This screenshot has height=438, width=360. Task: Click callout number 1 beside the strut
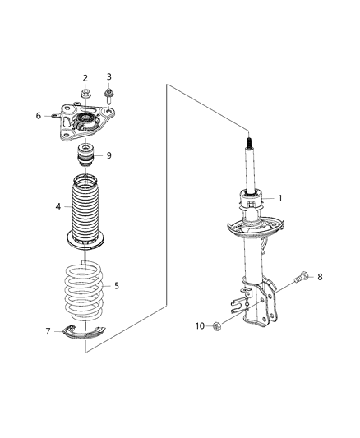point(280,197)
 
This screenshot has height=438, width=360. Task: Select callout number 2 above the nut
point(85,78)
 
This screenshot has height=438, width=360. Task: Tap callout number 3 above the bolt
point(108,77)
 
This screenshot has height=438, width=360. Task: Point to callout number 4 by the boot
point(58,206)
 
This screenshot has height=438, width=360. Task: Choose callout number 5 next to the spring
point(116,286)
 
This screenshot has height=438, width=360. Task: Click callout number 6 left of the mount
point(38,116)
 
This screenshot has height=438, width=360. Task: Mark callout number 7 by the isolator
point(48,331)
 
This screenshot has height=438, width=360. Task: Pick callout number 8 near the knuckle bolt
point(320,278)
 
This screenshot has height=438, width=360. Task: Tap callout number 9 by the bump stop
point(108,154)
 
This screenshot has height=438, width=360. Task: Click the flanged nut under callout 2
point(85,97)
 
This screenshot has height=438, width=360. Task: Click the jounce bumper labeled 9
point(85,156)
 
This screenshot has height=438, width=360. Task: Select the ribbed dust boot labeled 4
point(85,210)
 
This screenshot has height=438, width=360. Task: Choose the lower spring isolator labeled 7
point(85,331)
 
